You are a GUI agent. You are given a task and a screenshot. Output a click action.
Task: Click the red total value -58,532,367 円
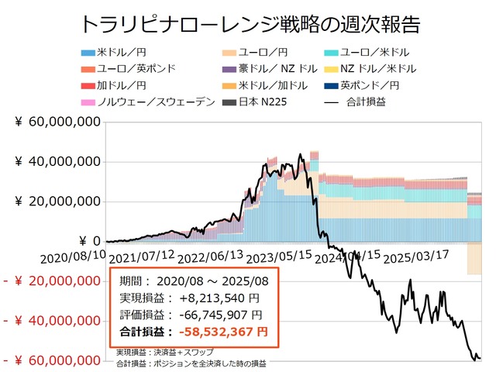[222, 332]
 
